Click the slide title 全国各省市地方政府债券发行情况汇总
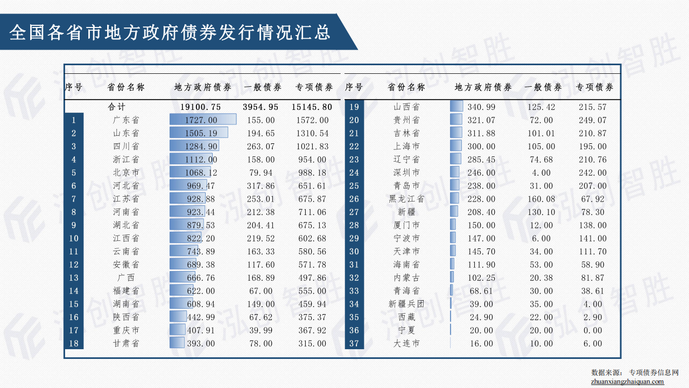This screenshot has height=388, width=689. tap(170, 32)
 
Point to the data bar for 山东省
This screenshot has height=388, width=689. tap(199, 133)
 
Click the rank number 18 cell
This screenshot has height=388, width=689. tap(74, 343)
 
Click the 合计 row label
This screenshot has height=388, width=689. tap(116, 107)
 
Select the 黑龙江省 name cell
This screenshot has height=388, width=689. tap(406, 199)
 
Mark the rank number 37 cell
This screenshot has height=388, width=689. tap(354, 343)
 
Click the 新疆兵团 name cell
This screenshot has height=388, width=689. tap(406, 304)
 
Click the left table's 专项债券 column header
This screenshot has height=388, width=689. tap(314, 87)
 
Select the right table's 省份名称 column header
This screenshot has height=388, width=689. tap(406, 87)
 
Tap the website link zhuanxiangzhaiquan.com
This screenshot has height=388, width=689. tap(627, 382)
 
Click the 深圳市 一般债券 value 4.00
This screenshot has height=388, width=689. tap(541, 173)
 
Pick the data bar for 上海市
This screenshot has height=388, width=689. tap(456, 146)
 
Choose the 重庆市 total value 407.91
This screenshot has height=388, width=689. tap(202, 330)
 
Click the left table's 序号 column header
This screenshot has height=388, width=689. tap(74, 87)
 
